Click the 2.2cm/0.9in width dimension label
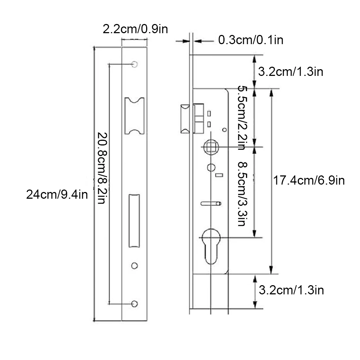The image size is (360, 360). pos(135,29)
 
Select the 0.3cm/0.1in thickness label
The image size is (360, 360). pos(251,40)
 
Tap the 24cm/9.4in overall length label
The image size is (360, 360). pos(57,194)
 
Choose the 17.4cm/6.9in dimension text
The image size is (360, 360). pos(309,181)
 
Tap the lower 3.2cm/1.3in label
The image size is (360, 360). pos(291,290)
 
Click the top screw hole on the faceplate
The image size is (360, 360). pos(134,64)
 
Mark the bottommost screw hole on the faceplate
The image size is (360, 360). pos(134,304)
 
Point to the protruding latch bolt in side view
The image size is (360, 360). pos(185,119)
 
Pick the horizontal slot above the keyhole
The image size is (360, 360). pos(210,203)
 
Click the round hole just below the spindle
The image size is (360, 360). pos(211,167)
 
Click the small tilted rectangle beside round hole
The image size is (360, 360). pos(219,175)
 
